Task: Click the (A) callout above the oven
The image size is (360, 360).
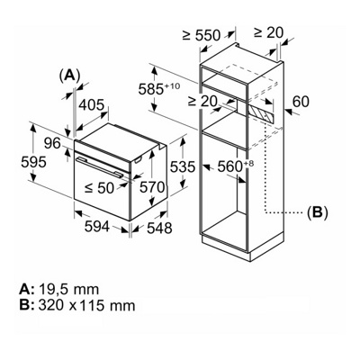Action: [69, 76]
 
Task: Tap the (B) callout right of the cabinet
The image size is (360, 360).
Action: [317, 212]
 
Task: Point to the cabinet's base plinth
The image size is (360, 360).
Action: [232, 240]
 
